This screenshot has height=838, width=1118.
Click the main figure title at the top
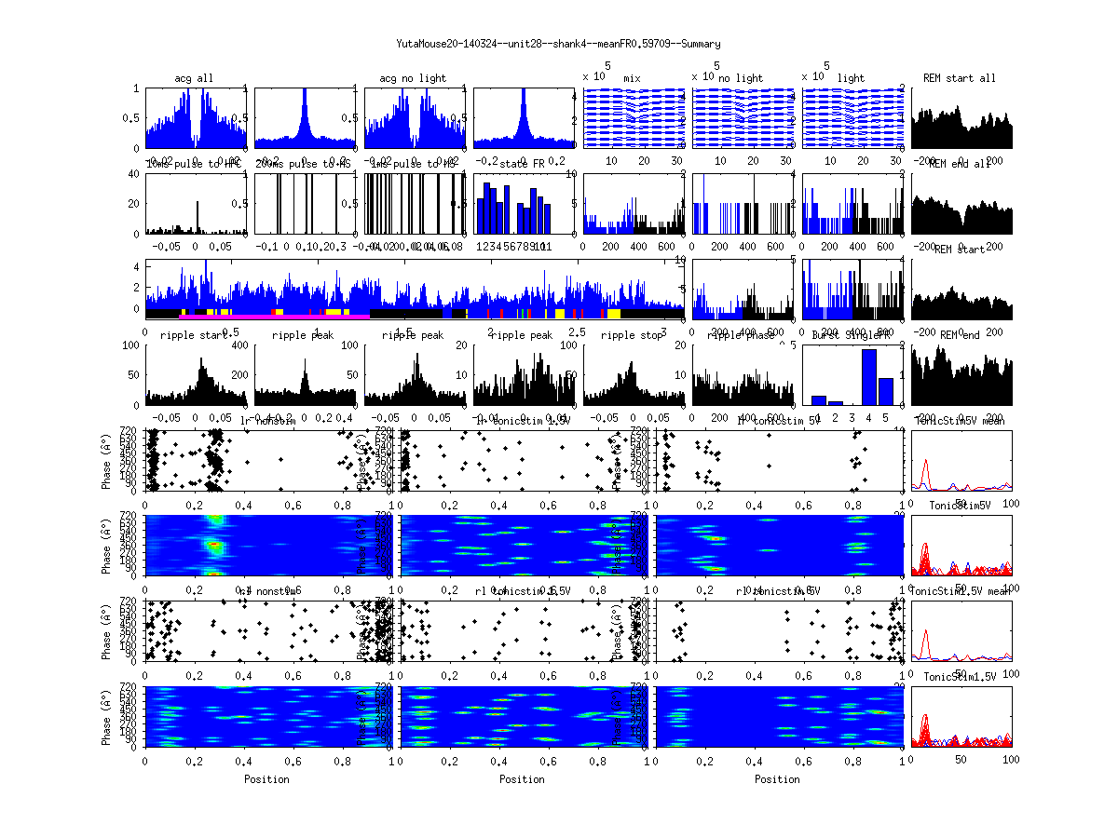[558, 44]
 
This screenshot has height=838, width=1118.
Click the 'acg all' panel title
[194, 78]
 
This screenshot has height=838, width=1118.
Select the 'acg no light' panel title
[413, 78]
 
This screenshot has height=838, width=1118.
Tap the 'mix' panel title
[633, 78]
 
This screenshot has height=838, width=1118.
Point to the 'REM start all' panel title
[960, 78]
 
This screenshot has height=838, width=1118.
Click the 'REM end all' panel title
[960, 164]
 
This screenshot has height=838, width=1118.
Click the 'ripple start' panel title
[194, 335]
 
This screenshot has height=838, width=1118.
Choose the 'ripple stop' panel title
[633, 335]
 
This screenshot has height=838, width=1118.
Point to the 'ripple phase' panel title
[742, 335]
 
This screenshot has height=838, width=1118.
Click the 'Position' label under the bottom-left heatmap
[266, 779]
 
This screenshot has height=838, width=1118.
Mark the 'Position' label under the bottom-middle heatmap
[523, 779]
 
